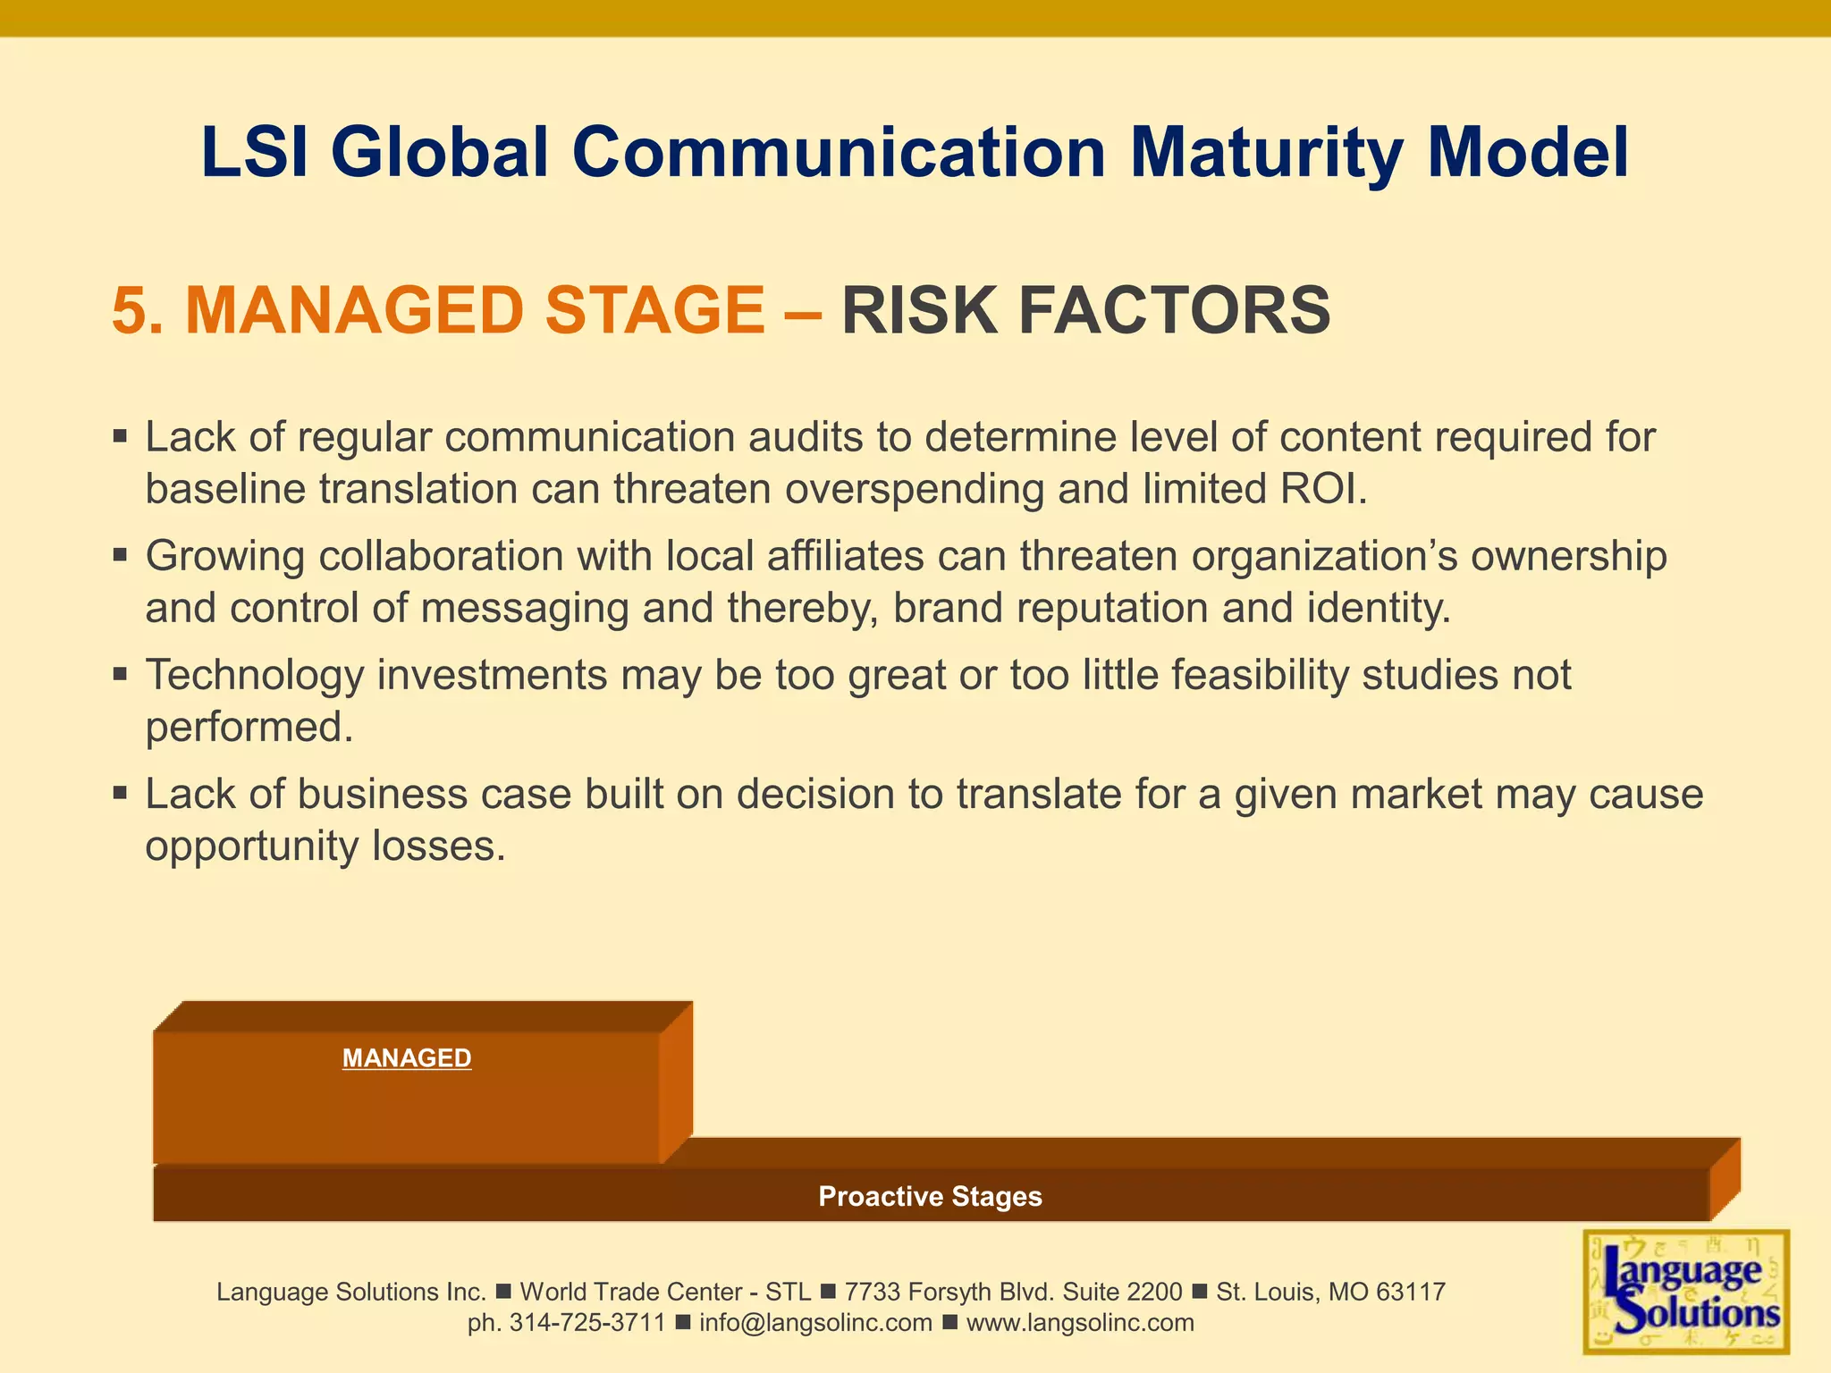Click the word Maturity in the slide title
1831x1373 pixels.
tap(1267, 153)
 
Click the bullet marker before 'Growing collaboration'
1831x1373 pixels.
tap(121, 555)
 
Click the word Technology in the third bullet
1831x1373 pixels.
tap(255, 675)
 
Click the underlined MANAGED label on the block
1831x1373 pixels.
tap(407, 1058)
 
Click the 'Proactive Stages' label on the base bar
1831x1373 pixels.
tap(930, 1196)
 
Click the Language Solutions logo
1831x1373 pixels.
tap(1686, 1293)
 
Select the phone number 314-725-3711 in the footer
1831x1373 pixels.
tap(586, 1323)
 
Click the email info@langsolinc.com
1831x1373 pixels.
tap(815, 1323)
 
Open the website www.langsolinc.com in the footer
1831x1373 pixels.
tap(1080, 1323)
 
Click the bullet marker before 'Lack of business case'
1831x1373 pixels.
tap(121, 793)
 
